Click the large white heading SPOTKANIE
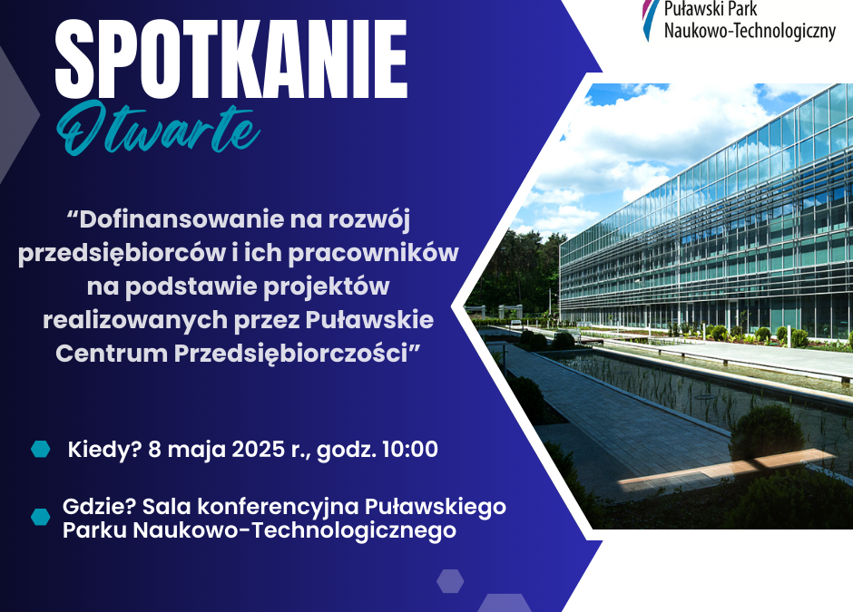(231, 60)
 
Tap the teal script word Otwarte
(158, 128)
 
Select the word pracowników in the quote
(373, 253)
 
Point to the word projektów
(327, 287)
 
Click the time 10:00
(410, 450)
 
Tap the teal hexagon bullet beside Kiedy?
(40, 449)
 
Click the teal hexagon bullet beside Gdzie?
(40, 517)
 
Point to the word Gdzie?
(99, 507)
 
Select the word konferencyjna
(278, 507)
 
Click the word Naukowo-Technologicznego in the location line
(294, 530)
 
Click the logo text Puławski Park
(711, 9)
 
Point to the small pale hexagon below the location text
(450, 581)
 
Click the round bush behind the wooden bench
(766, 433)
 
